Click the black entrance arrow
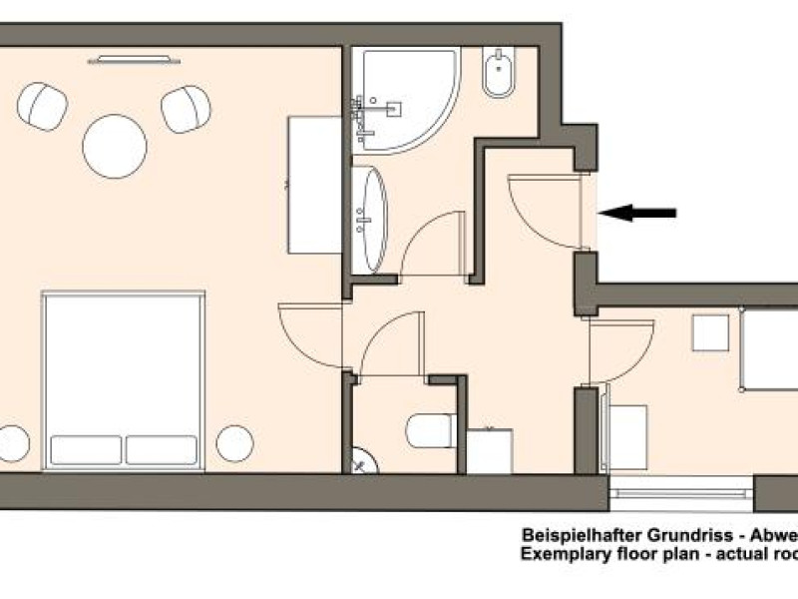637,213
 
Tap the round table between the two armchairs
115,146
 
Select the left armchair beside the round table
42,106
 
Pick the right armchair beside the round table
186,109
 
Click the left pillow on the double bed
86,450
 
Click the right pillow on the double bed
162,450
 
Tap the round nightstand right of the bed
234,443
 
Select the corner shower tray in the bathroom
406,101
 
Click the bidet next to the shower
499,73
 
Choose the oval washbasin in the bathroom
369,220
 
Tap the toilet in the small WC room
430,431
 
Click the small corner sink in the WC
365,461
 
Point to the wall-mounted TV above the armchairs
134,60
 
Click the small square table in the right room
710,333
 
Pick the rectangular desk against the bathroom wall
314,185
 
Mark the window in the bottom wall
680,493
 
